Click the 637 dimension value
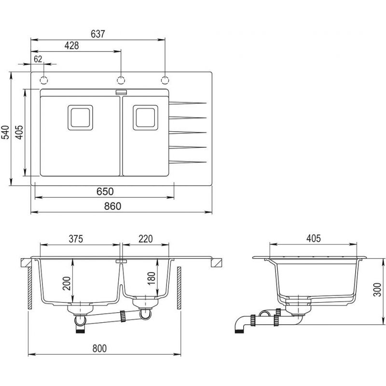click(98, 34)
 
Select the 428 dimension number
click(71, 45)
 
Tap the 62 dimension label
click(38, 59)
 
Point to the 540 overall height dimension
click(5, 132)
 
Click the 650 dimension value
click(105, 192)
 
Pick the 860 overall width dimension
click(112, 207)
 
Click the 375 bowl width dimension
click(76, 239)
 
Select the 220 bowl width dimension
click(146, 239)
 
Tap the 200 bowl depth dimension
click(67, 283)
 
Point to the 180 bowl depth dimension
click(152, 278)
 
